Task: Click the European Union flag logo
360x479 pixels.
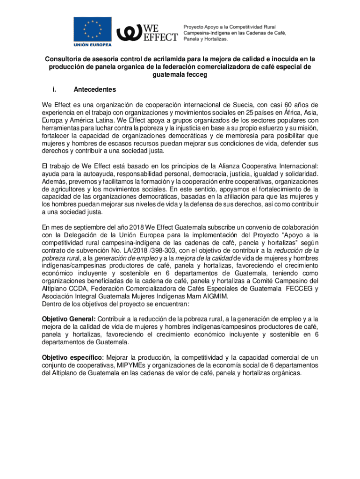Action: point(93,29)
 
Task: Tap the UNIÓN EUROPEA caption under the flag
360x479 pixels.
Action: point(93,45)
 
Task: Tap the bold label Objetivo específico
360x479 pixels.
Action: point(72,357)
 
